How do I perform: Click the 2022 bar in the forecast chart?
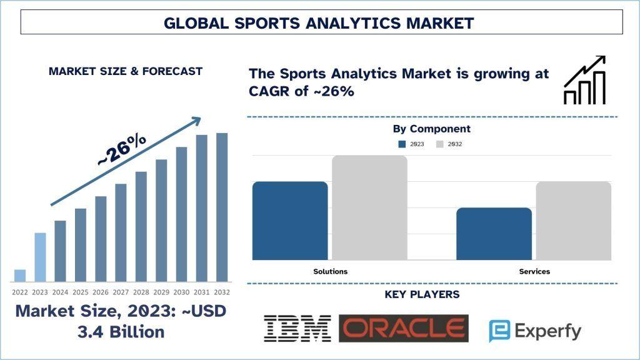[x=20, y=276]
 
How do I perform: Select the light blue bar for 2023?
[x=40, y=257]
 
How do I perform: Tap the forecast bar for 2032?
[x=222, y=207]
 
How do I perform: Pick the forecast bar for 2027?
[x=121, y=232]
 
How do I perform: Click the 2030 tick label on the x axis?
[x=182, y=292]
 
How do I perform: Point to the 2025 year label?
[x=81, y=292]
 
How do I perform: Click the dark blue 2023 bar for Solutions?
[x=290, y=221]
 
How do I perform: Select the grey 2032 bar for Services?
[x=574, y=221]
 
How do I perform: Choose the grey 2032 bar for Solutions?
[x=370, y=207]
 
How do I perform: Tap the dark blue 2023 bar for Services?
[x=494, y=234]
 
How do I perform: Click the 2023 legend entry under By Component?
[x=411, y=144]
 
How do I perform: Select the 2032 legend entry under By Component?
[x=449, y=144]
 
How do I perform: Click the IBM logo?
[x=297, y=329]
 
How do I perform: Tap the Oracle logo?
[x=404, y=328]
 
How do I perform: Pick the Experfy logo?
[x=535, y=331]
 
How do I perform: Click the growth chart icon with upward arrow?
[x=584, y=80]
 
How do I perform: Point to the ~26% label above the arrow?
[x=122, y=150]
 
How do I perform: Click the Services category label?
[x=534, y=271]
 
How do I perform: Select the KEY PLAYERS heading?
[x=422, y=294]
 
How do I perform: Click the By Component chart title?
[x=431, y=129]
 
